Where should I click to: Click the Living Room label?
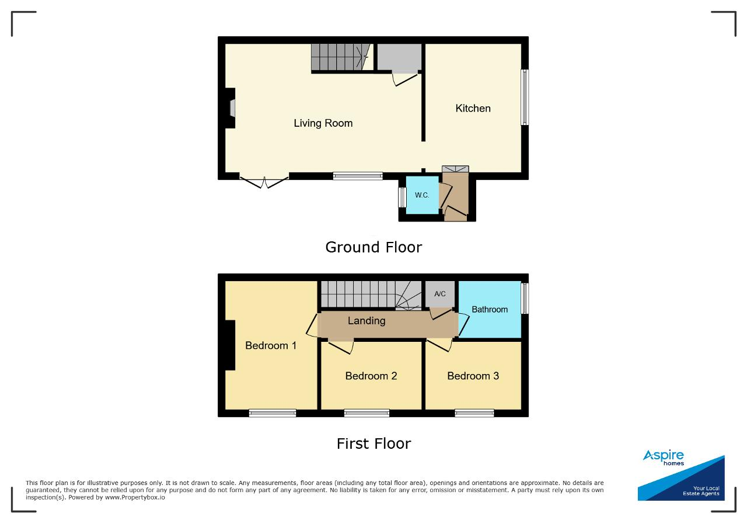(x=323, y=123)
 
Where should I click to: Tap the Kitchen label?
(x=473, y=108)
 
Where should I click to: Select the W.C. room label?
(x=422, y=195)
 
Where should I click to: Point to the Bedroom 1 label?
(x=271, y=345)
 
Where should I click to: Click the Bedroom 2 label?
(x=371, y=376)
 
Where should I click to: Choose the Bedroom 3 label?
(x=473, y=376)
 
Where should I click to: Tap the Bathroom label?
(x=490, y=309)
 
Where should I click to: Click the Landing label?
(x=366, y=321)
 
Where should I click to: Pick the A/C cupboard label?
(x=440, y=294)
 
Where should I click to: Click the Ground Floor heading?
(x=373, y=247)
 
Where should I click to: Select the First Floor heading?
(x=374, y=444)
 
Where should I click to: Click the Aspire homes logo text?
(x=664, y=457)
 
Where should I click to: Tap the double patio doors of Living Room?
(x=264, y=182)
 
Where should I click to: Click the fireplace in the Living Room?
(x=230, y=108)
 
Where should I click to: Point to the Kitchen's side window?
(x=525, y=97)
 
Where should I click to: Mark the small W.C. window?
(x=403, y=197)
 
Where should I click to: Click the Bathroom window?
(x=525, y=298)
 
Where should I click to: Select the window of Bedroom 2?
(x=366, y=413)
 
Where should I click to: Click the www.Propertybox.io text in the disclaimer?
(x=135, y=497)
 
